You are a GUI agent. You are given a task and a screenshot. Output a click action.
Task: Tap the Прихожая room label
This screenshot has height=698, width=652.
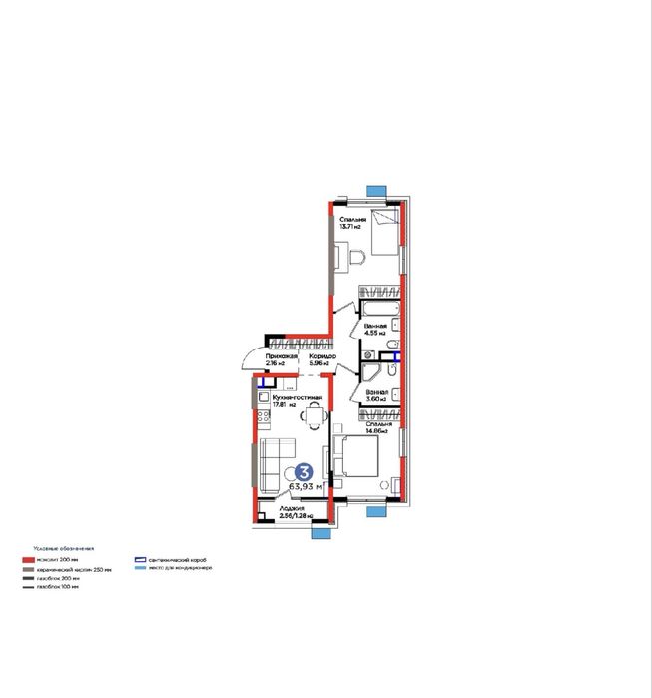(281, 356)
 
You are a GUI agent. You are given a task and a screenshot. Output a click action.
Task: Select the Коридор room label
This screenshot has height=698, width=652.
(321, 356)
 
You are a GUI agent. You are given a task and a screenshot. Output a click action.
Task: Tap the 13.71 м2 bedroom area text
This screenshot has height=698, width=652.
(349, 227)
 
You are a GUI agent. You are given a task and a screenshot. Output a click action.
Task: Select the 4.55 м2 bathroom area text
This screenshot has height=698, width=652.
(375, 334)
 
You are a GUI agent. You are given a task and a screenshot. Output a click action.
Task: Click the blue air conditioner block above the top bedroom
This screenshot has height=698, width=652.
(376, 190)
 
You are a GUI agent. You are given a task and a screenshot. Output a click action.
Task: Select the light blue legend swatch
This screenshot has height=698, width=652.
(140, 569)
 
